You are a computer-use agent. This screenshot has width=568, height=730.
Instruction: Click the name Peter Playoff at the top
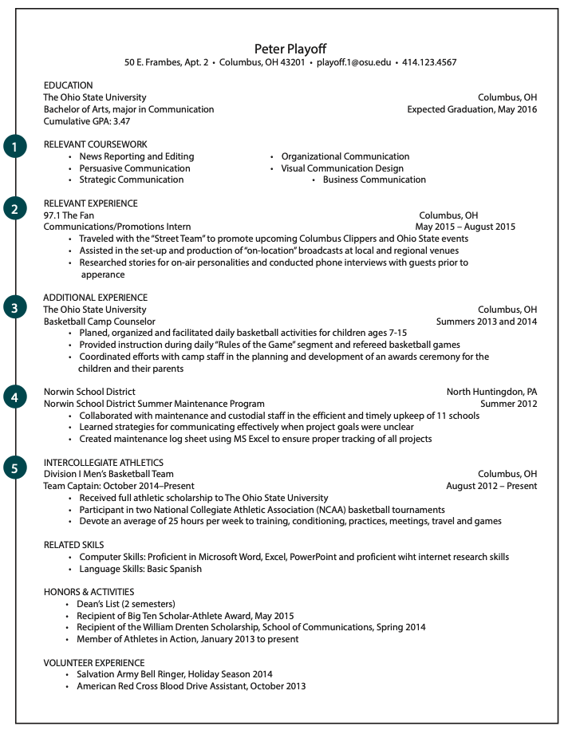[x=290, y=49]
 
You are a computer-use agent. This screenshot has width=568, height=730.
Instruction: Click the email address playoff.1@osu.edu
[x=354, y=62]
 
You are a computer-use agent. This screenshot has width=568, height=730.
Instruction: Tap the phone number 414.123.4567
[x=429, y=62]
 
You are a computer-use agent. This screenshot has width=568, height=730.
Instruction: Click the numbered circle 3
[x=14, y=307]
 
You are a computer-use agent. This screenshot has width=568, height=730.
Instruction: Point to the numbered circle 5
[x=14, y=468]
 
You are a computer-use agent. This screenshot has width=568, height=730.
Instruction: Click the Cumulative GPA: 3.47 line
[x=86, y=121]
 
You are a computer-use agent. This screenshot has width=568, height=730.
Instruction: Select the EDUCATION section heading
[x=68, y=85]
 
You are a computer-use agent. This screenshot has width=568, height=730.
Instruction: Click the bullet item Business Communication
[x=373, y=180]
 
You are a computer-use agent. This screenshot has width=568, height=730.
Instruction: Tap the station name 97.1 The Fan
[x=69, y=215]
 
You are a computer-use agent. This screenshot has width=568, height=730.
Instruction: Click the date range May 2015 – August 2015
[x=465, y=227]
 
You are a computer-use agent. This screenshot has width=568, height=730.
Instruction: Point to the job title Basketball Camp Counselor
[x=100, y=322]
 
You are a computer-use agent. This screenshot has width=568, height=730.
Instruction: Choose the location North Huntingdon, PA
[x=491, y=392]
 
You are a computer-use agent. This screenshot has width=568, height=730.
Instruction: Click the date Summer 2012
[x=508, y=404]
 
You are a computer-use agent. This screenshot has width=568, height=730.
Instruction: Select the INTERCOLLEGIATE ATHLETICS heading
[x=103, y=463]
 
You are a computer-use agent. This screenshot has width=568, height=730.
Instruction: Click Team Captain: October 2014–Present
[x=118, y=486]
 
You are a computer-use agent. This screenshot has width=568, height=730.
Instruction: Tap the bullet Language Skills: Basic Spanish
[x=140, y=569]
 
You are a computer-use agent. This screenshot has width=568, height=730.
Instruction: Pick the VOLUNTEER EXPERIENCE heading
[x=94, y=663]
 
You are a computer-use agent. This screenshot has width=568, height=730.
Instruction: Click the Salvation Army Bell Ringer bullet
[x=174, y=674]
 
